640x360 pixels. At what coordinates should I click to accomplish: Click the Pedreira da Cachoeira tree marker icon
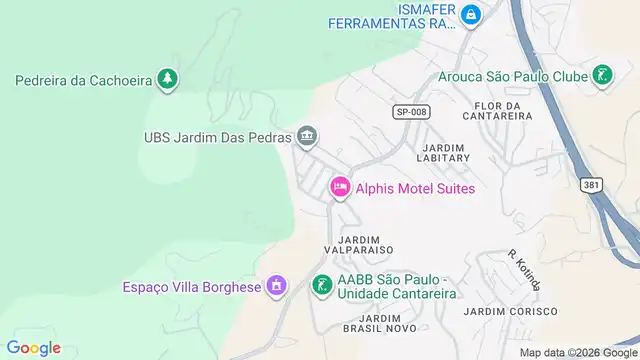pos(169,79)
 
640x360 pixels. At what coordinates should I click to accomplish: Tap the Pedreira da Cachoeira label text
pos(81,80)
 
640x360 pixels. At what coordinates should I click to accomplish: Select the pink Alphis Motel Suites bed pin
pos(340,186)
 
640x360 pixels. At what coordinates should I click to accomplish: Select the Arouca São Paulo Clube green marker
pos(602,75)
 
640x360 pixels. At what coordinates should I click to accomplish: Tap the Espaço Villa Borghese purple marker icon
pos(277,287)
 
